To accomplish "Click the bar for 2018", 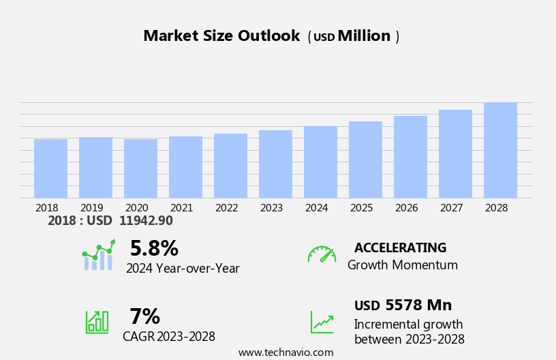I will click(50, 168).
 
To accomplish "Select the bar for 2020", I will click(140, 168).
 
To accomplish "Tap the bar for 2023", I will click(275, 164).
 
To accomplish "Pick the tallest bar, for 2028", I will click(500, 150).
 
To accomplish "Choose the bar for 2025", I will click(365, 160).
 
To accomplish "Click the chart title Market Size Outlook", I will click(221, 36).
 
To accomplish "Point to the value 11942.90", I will click(146, 221).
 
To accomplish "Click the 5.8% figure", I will click(154, 248).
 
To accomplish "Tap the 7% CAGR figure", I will click(144, 316).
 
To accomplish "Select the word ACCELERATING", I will click(400, 248).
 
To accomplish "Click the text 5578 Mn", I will click(418, 305).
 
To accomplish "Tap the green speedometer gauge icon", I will click(322, 254).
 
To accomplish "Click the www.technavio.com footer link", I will click(285, 352).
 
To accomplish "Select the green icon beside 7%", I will click(97, 321).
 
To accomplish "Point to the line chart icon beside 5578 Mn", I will click(322, 322).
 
